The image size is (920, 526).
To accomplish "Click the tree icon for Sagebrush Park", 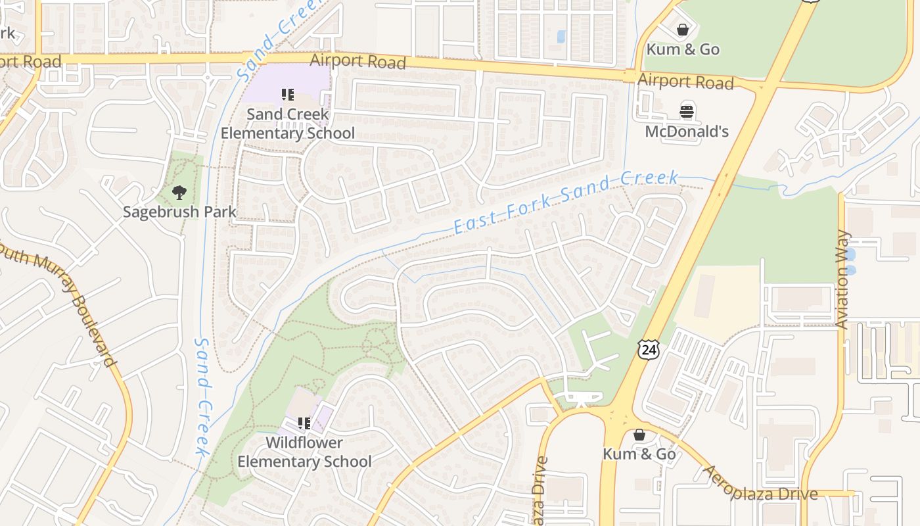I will [179, 193].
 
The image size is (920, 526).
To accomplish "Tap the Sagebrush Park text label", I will [179, 212].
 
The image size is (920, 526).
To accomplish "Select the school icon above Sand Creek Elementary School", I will [287, 95].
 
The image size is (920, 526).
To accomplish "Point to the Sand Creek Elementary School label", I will [287, 124].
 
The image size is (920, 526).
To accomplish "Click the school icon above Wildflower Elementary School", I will [304, 423].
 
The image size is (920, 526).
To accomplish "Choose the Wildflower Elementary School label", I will [304, 452].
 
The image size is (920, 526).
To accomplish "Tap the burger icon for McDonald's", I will [687, 112].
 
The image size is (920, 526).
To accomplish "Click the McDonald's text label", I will [687, 131].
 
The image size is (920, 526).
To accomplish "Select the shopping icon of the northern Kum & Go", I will [683, 30].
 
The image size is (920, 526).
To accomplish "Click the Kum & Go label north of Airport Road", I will [683, 49].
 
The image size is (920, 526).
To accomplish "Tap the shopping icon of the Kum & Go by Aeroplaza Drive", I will [639, 435].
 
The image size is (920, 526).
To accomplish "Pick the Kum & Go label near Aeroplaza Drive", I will [639, 454].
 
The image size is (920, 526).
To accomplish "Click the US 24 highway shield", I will [648, 350].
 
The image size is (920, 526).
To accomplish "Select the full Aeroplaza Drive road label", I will [760, 484].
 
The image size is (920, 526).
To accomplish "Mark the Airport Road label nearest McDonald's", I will [685, 82].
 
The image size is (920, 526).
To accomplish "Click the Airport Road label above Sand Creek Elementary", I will [357, 61].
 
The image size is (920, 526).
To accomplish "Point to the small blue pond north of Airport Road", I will [561, 36].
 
